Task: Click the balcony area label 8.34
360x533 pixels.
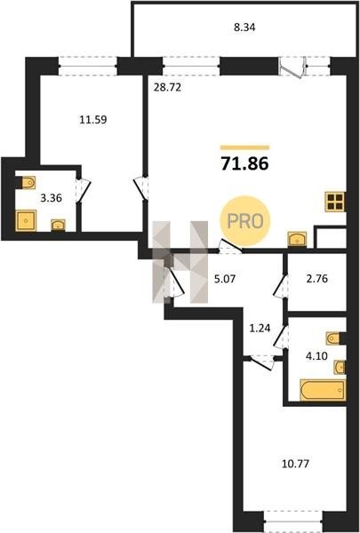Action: point(244,28)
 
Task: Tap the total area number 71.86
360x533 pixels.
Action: point(245,163)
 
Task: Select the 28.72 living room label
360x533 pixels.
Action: point(167,87)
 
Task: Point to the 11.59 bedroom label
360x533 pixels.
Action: point(93,120)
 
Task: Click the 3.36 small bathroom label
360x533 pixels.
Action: point(51,197)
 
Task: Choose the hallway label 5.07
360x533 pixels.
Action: point(225,280)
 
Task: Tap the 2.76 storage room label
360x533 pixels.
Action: point(316,279)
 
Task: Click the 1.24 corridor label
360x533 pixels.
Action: point(260,329)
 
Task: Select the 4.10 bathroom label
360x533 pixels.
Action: point(316,356)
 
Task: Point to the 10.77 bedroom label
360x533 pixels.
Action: point(295,464)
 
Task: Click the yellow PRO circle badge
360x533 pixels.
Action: point(245,221)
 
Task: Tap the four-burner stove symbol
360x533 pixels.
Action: point(335,202)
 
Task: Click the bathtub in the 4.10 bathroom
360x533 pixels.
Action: point(323,390)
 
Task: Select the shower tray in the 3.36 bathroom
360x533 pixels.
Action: point(26,220)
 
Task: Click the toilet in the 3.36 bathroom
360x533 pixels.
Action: point(28,183)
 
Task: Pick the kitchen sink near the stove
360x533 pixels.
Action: point(297,239)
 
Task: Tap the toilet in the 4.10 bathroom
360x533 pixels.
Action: point(333,338)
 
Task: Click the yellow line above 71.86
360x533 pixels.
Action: point(245,147)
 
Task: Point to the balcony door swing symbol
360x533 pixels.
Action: point(292,68)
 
